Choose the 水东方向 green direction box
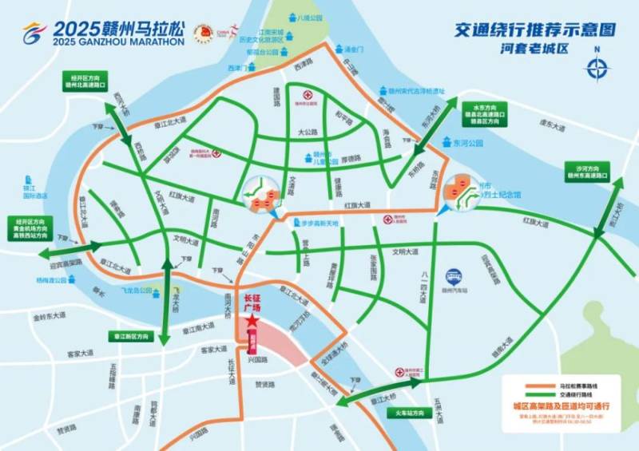482,115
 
